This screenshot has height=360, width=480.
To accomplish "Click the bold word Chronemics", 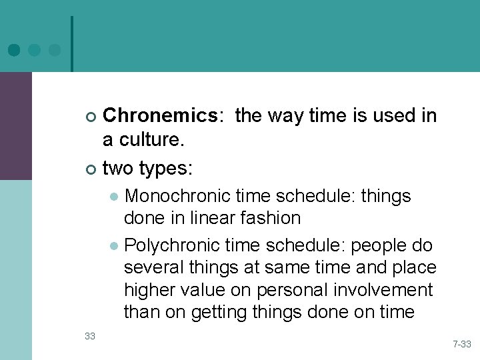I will coord(160,116).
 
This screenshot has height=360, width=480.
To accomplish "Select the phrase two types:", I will coord(147,168).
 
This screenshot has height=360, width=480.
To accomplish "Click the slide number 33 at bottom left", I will coord(90,335).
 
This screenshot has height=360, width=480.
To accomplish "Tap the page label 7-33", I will coord(462,345).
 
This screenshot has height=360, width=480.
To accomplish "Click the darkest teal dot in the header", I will coord(14,49).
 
